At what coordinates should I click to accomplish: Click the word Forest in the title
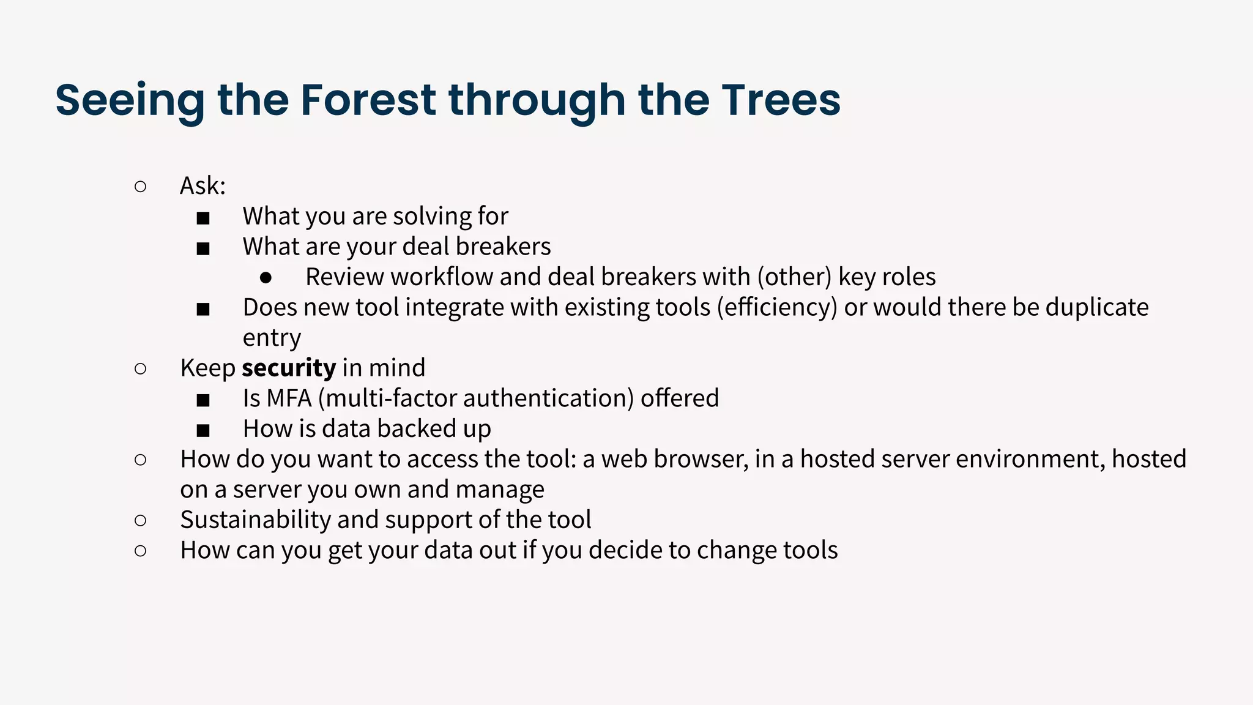(x=368, y=99)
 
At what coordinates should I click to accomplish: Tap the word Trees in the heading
(x=781, y=99)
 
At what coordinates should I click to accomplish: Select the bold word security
(x=289, y=368)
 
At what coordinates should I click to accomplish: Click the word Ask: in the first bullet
(x=203, y=186)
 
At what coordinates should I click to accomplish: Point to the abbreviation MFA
(x=289, y=398)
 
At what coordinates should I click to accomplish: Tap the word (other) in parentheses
(x=794, y=277)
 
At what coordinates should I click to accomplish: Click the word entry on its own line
(x=272, y=338)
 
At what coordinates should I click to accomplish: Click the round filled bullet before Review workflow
(x=266, y=278)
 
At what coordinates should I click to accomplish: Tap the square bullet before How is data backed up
(x=203, y=430)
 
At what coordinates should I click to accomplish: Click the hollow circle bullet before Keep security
(x=140, y=368)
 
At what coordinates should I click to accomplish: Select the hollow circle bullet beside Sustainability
(x=140, y=520)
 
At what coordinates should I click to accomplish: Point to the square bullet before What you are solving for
(x=203, y=217)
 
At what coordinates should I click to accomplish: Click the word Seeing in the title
(x=130, y=100)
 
